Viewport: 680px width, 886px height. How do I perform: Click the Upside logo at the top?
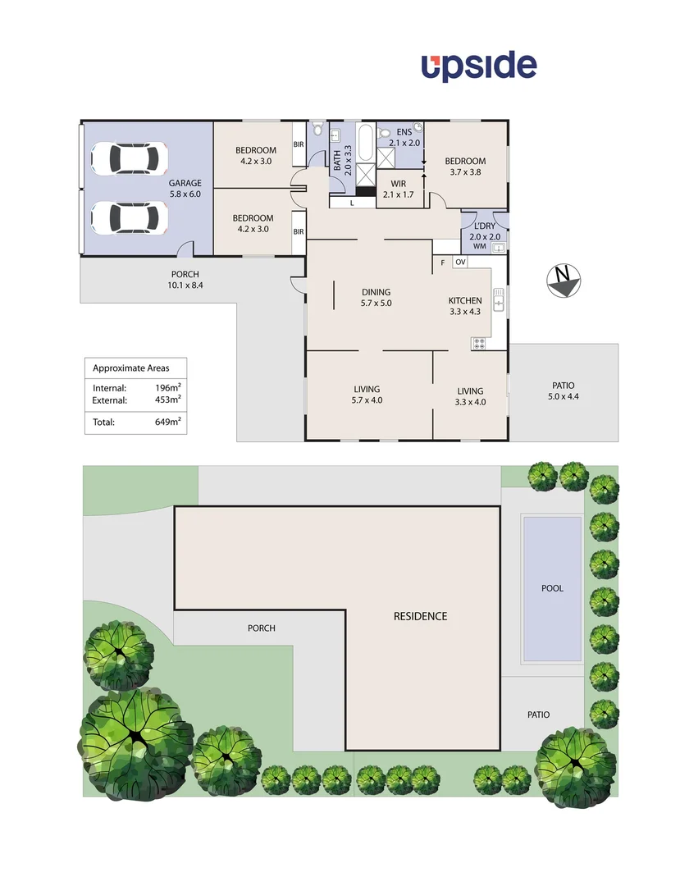click(x=479, y=66)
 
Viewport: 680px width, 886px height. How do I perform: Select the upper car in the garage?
click(x=130, y=158)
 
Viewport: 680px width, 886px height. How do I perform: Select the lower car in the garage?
click(x=130, y=217)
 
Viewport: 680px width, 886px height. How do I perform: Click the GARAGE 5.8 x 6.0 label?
click(x=185, y=188)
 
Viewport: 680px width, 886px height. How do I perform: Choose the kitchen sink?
click(x=498, y=300)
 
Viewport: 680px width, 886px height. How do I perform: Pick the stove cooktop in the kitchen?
click(x=478, y=344)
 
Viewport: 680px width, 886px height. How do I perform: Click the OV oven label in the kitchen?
click(x=460, y=263)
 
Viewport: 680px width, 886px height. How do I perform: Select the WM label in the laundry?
click(x=480, y=246)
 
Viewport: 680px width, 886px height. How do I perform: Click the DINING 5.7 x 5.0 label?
click(x=377, y=297)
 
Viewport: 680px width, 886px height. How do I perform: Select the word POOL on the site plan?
click(x=552, y=588)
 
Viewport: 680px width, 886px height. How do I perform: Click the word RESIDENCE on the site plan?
click(x=420, y=616)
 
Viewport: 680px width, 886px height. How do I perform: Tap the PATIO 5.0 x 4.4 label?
click(x=563, y=390)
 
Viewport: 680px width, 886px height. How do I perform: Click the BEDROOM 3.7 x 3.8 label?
click(x=465, y=167)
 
